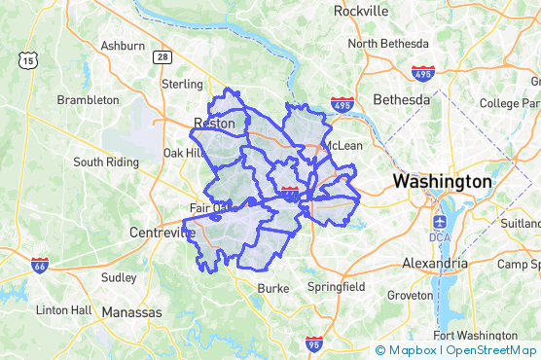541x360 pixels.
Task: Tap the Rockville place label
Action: (x=361, y=11)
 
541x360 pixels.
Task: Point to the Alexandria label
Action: (x=434, y=263)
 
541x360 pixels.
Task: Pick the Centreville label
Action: (x=162, y=233)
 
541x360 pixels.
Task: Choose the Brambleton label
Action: (x=88, y=100)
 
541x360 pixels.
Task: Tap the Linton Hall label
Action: (x=64, y=310)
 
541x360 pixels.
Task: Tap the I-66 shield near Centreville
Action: (x=39, y=265)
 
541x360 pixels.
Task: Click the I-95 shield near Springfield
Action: (x=312, y=343)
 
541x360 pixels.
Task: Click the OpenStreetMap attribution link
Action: (x=491, y=350)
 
